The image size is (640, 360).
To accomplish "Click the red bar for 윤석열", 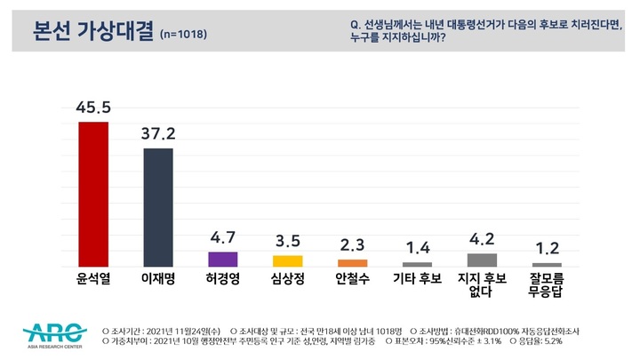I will pyautogui.click(x=93, y=194).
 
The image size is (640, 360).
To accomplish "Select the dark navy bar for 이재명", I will pyautogui.click(x=158, y=207).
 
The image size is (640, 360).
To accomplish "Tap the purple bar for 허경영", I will pyautogui.click(x=222, y=259).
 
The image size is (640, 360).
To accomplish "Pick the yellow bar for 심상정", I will pyautogui.click(x=287, y=260).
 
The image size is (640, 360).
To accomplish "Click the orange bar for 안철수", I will pyautogui.click(x=352, y=262).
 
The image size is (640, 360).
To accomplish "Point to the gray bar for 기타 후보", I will pyautogui.click(x=417, y=264).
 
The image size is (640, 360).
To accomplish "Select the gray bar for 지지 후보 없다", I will pyautogui.click(x=482, y=260).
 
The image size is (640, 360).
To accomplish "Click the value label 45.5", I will pyautogui.click(x=93, y=108).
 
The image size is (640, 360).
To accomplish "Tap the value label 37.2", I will pyautogui.click(x=158, y=134).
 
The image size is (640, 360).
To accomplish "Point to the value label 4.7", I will pyautogui.click(x=222, y=238).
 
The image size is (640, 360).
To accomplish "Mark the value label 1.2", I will pyautogui.click(x=546, y=249).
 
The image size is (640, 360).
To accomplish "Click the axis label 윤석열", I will pyautogui.click(x=93, y=281).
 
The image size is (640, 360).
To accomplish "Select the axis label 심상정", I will pyautogui.click(x=287, y=281).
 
